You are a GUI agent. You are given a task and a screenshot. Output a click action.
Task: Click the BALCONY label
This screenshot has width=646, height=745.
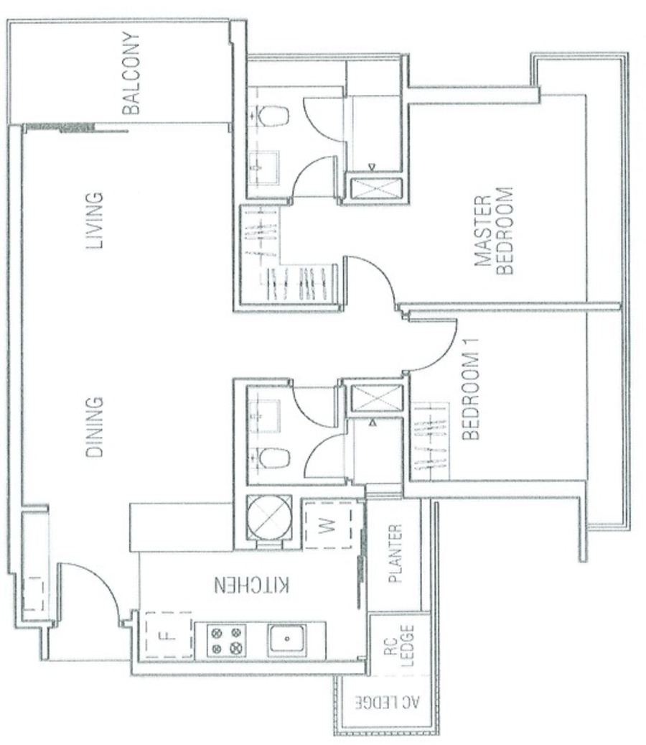(131, 73)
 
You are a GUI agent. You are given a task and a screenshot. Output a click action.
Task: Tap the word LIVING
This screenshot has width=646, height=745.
(94, 221)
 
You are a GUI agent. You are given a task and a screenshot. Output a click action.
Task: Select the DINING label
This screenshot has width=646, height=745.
(94, 427)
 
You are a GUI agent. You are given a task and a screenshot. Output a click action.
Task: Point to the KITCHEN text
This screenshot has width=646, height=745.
(251, 585)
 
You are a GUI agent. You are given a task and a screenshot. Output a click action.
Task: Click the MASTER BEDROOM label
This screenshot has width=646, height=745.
(494, 231)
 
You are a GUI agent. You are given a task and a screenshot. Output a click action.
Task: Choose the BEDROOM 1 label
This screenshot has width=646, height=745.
(470, 389)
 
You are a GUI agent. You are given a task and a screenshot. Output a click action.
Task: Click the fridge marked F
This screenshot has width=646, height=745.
(169, 635)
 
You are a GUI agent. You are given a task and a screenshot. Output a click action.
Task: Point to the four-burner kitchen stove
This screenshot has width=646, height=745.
(226, 640)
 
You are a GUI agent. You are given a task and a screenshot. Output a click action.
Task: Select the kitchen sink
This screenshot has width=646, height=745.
(286, 639)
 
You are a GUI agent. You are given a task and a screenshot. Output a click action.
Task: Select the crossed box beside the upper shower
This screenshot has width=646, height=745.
(376, 191)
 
